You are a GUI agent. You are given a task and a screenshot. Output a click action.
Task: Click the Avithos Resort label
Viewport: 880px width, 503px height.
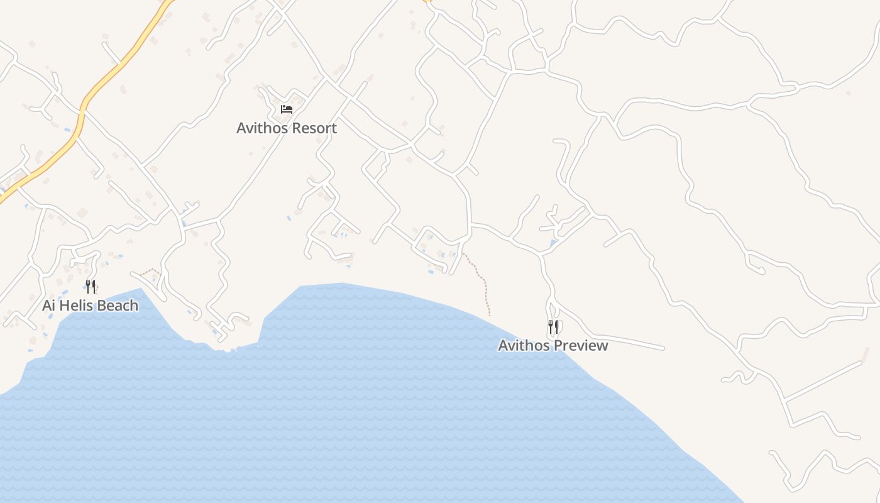click(x=287, y=128)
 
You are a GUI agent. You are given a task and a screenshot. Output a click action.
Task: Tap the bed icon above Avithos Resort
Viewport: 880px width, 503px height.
click(x=287, y=109)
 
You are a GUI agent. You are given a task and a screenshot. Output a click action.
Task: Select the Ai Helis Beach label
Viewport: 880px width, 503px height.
click(x=90, y=306)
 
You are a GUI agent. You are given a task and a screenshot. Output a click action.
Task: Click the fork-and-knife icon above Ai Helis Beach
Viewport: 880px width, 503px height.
click(x=91, y=287)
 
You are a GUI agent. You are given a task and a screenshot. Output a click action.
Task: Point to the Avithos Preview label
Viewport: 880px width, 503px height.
click(x=553, y=345)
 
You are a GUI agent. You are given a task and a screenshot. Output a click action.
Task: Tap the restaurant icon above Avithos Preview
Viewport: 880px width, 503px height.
click(x=553, y=327)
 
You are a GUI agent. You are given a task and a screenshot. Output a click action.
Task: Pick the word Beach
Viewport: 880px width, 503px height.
click(x=120, y=306)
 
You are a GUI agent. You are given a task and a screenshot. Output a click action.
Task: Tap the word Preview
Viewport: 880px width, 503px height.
click(x=581, y=345)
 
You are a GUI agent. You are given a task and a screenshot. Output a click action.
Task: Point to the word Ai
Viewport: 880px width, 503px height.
click(x=49, y=306)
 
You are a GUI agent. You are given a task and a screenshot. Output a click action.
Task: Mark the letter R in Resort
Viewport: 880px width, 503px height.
click(x=294, y=128)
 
